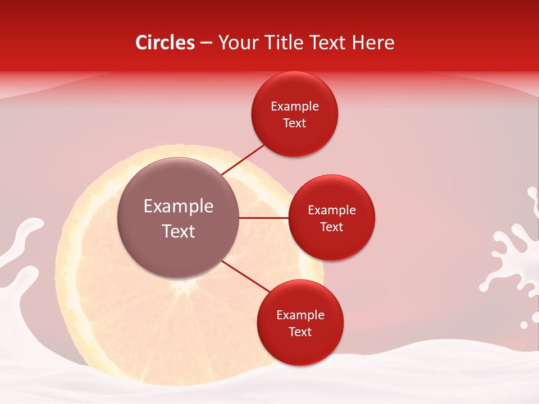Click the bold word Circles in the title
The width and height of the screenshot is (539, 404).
(x=165, y=43)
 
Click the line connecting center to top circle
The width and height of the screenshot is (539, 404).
(x=244, y=159)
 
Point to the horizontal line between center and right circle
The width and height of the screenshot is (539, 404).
(x=264, y=218)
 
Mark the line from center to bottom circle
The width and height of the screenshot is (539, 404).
(x=245, y=276)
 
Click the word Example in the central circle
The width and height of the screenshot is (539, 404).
(x=179, y=206)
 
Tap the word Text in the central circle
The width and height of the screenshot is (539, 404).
(x=179, y=231)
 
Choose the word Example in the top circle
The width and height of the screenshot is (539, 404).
(x=295, y=107)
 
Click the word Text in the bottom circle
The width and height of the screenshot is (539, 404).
(x=300, y=332)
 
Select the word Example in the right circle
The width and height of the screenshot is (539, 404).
(x=332, y=210)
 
